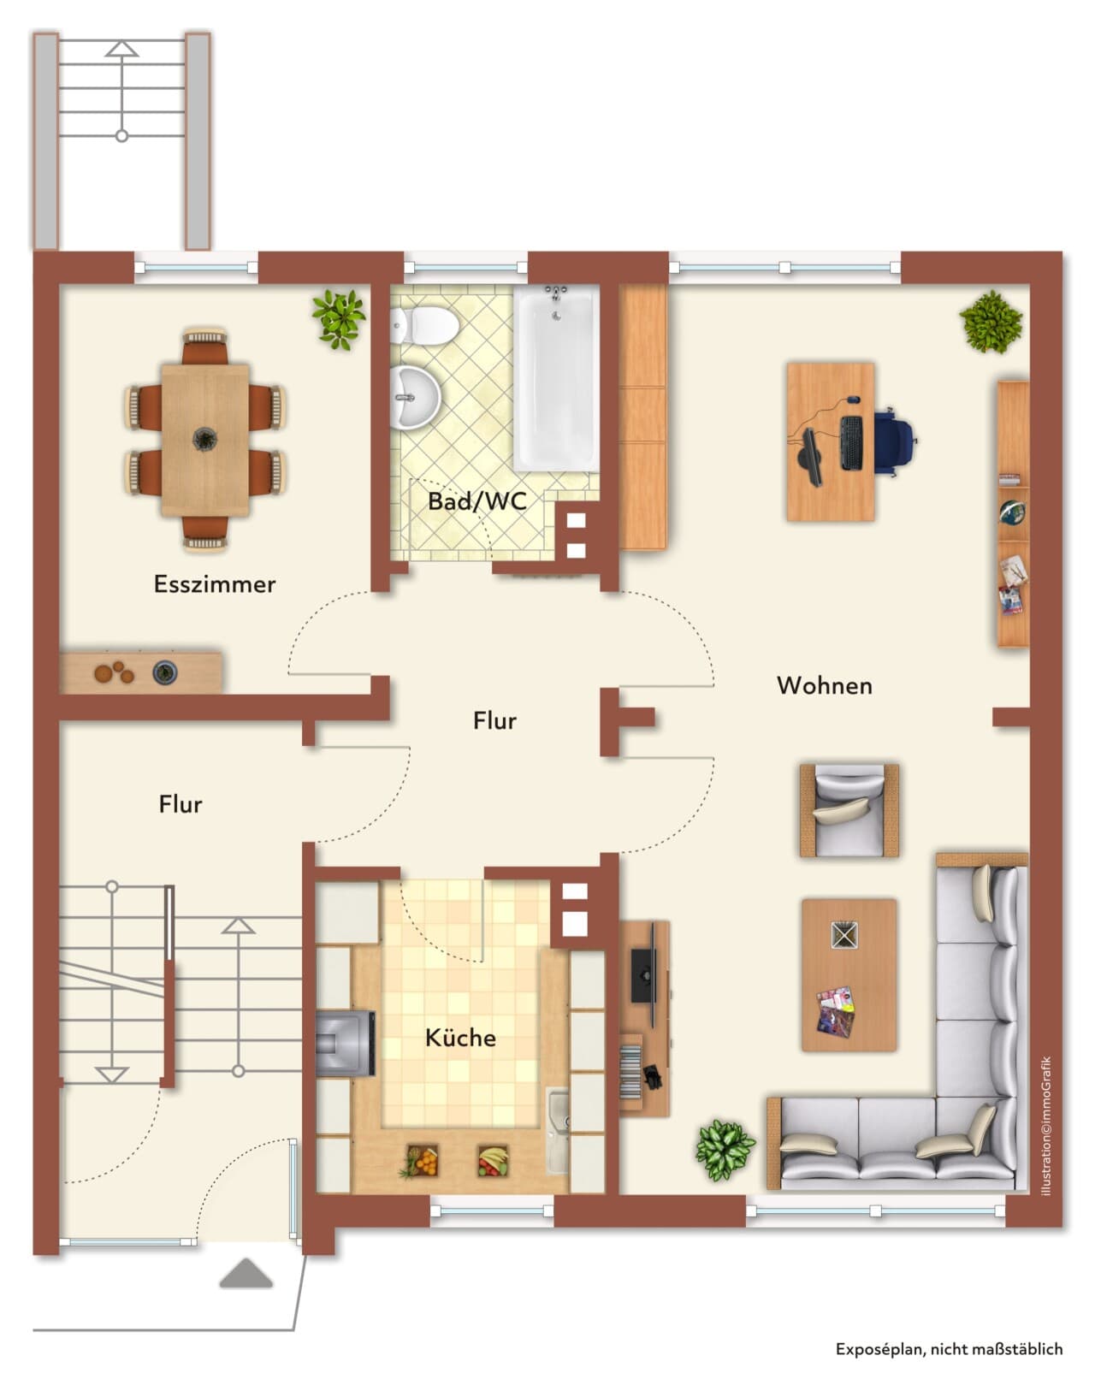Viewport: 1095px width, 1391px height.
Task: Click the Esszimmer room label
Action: coord(215,584)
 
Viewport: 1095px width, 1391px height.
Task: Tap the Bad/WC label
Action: coord(477,501)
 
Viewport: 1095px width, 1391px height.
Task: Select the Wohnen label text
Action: coord(824,685)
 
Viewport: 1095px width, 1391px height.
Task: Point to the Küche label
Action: coord(460,1038)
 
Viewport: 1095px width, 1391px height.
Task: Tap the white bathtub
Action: coord(556,378)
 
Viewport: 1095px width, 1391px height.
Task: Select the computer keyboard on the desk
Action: coord(851,443)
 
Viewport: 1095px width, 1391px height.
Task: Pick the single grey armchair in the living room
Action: coord(849,811)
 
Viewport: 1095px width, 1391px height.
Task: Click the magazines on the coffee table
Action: coord(835,1011)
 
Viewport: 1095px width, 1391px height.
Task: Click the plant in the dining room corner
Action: coord(339,319)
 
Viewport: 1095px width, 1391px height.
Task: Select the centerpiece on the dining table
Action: coord(205,440)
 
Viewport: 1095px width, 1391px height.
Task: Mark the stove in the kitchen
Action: coord(345,1044)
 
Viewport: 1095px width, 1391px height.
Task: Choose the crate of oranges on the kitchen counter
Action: coord(422,1160)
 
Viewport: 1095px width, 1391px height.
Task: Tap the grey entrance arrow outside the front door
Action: coord(246,1273)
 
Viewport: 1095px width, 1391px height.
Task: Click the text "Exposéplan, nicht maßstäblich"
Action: coord(949,1349)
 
